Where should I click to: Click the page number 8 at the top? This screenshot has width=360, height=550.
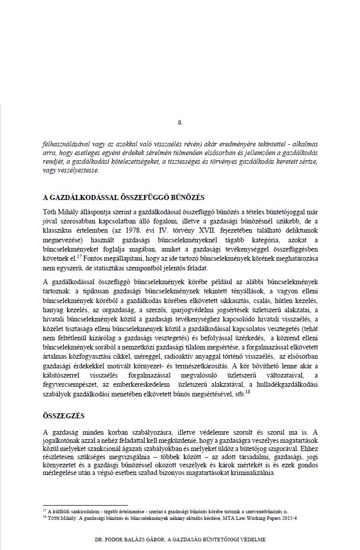pyautogui.click(x=180, y=122)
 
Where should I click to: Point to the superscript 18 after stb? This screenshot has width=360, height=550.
pyautogui.click(x=248, y=391)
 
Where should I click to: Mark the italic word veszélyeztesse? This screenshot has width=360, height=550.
pyautogui.click(x=63, y=170)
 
